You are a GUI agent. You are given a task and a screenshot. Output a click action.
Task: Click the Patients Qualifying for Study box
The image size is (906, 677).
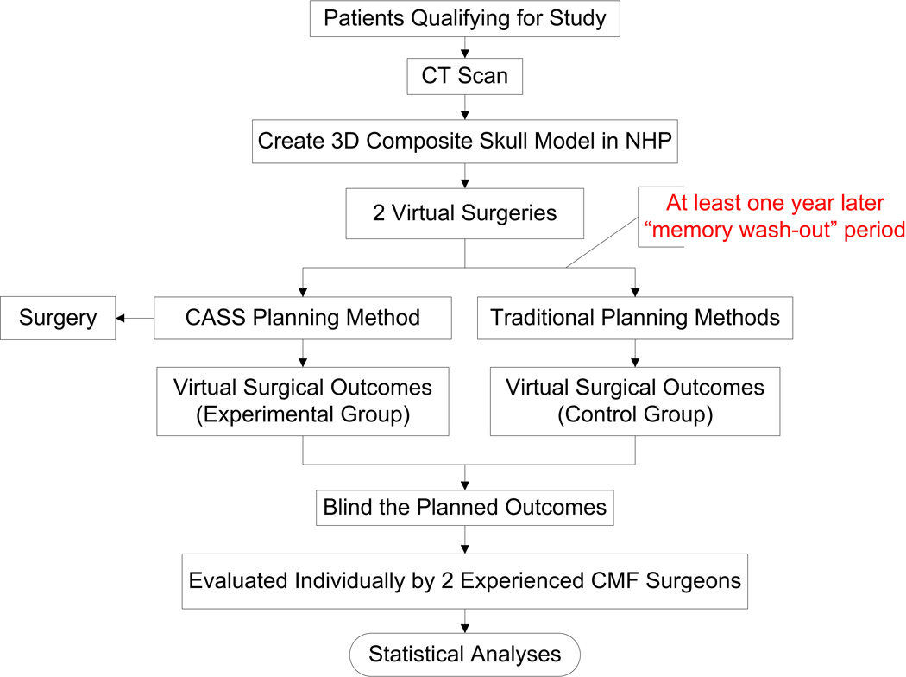(466, 19)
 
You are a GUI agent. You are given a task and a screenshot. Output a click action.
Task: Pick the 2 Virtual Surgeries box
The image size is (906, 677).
(466, 214)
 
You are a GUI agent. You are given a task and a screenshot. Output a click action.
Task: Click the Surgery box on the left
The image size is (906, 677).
(58, 318)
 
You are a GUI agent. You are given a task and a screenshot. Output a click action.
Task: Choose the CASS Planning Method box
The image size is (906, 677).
(303, 318)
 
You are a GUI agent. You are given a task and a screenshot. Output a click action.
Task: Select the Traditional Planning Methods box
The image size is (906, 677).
(635, 318)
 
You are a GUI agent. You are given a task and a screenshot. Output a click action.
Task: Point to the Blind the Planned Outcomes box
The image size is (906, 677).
(466, 507)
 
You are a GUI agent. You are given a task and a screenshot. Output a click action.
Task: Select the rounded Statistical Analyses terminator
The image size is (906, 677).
(466, 654)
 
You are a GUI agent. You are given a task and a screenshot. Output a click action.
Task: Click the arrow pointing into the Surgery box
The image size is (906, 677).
(129, 319)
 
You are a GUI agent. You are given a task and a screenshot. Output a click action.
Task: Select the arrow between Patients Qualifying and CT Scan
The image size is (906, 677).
(466, 49)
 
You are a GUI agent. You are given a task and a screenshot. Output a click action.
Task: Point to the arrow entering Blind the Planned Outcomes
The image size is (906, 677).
(466, 478)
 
